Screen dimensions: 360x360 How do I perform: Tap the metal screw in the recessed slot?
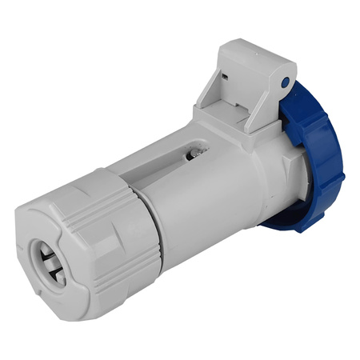(x=194, y=151)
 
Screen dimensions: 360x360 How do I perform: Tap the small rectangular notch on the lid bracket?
(x=226, y=78)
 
